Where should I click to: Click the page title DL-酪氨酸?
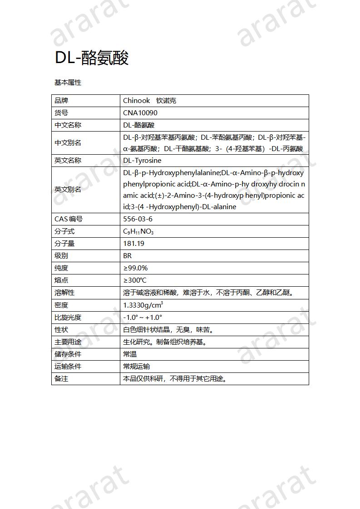[x=92, y=58]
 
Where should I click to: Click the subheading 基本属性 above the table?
[x=68, y=83]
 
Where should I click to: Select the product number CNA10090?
[x=140, y=113]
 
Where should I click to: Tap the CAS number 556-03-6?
[x=138, y=219]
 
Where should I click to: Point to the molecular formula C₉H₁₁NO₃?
[x=138, y=232]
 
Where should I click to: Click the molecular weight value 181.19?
[x=133, y=244]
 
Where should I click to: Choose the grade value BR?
[x=127, y=256]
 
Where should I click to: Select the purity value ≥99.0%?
[x=135, y=268]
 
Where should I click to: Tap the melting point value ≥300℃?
[x=135, y=280]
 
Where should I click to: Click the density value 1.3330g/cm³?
[x=143, y=305]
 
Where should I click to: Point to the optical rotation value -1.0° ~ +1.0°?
[x=143, y=318]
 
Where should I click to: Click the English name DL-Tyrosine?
[x=142, y=161]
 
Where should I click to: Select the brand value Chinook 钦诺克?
[x=149, y=101]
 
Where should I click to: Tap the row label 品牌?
[x=61, y=101]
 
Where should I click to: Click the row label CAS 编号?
[x=69, y=219]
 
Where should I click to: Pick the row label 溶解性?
[x=64, y=293]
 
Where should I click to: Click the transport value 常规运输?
[x=136, y=367]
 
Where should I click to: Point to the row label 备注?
[x=61, y=379]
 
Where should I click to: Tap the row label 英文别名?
[x=68, y=190]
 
